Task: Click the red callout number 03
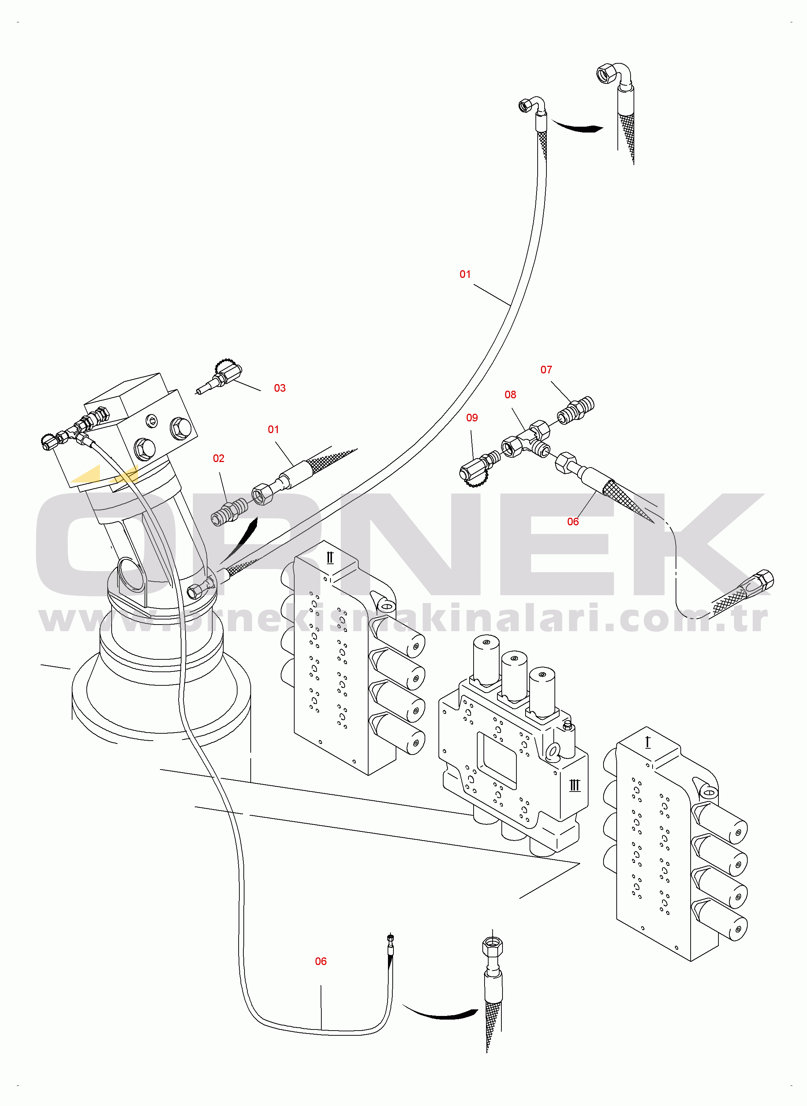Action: [x=279, y=388]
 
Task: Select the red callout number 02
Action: [x=218, y=459]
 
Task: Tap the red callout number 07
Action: [x=546, y=370]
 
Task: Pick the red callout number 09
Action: [x=472, y=418]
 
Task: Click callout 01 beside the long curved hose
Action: [x=465, y=275]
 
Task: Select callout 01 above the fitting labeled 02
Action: [x=273, y=429]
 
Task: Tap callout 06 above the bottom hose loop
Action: [x=321, y=961]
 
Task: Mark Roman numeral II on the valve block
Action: [x=330, y=558]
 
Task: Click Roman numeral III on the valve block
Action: [x=575, y=785]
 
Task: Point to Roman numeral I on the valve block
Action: [x=648, y=742]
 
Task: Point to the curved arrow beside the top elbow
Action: [x=578, y=127]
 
